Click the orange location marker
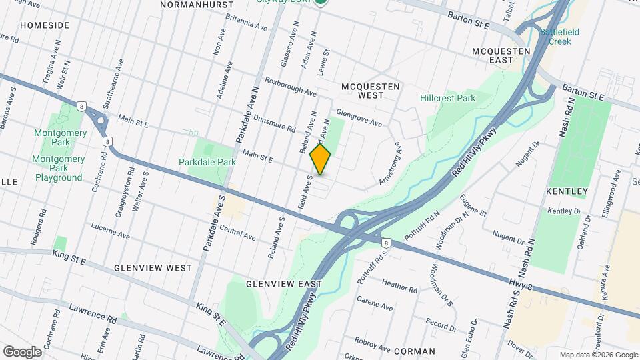tap(321, 159)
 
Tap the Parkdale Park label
tap(207, 162)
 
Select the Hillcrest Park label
tap(447, 98)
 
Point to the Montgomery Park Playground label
tap(59, 168)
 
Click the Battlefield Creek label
tap(559, 36)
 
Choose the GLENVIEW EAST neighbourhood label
tap(283, 284)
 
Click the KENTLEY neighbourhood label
tap(567, 192)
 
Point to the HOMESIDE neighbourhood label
tap(45, 25)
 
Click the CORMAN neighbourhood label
tap(414, 351)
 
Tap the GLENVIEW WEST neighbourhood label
tap(153, 268)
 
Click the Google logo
tap(22, 351)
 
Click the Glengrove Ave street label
tap(359, 118)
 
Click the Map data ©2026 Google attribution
tap(597, 355)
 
